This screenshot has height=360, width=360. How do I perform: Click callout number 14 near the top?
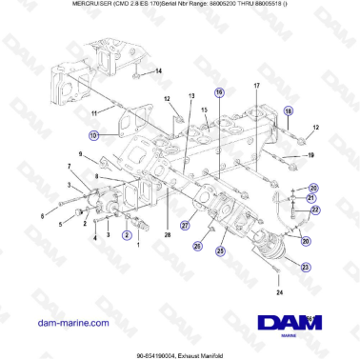[159, 71]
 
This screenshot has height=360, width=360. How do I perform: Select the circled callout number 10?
[94, 136]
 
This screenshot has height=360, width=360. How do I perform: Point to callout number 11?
[93, 113]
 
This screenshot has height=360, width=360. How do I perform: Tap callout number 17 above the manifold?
[256, 86]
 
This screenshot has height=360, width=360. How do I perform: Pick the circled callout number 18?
[290, 111]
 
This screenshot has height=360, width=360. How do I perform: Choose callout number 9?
[79, 153]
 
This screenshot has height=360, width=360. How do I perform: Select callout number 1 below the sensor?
[139, 245]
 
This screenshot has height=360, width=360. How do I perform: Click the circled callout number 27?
[186, 226]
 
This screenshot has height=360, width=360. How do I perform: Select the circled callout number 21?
[310, 197]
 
